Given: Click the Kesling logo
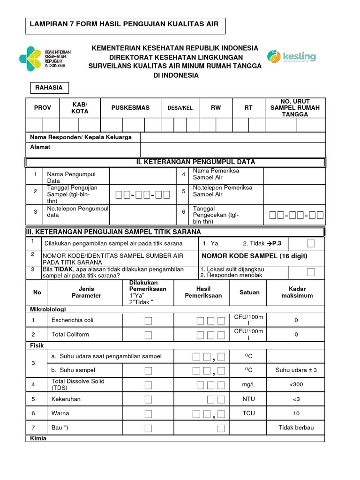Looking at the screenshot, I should coord(292,57).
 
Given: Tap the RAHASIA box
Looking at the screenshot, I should coord(49,88).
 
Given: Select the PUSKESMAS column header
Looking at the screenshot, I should coord(130,108).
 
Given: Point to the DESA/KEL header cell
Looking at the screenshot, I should coord(180,108).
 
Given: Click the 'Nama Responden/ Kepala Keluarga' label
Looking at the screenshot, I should coord(81,137).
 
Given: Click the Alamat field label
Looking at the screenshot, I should coord(40,147).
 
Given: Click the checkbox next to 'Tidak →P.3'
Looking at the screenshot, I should coord(311,243).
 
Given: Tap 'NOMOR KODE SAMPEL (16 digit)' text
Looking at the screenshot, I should coord(254,256).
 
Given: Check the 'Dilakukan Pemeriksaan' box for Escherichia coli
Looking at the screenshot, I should coord(148,321).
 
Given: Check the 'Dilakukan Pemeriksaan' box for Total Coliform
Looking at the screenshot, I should coord(148,335).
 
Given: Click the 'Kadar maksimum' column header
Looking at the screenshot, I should coord(297,292).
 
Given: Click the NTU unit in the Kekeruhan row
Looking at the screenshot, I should coord(248,399).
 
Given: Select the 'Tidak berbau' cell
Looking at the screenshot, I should coord(296,427).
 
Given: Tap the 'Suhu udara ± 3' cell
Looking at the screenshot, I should coord(296,370).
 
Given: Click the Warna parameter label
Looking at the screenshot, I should coord(60,413).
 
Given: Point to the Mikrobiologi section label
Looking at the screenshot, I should coord(48,309).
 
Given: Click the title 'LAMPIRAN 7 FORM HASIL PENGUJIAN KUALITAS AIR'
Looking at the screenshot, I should coord(124,24).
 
